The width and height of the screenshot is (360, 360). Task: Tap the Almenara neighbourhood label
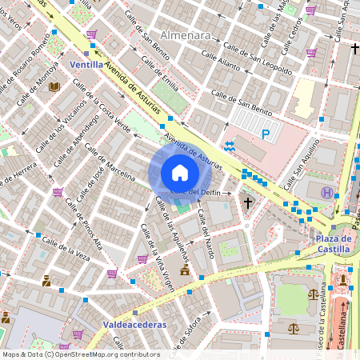pos(186,36)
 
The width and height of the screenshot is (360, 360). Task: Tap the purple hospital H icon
pos(326,193)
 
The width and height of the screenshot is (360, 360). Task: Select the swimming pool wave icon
pos(230,146)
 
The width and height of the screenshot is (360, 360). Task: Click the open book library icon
pos(54,87)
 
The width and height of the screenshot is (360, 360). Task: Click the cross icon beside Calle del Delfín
pos(248,203)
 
